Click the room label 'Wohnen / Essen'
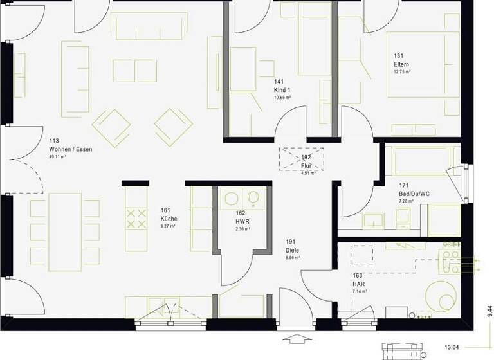point(71,149)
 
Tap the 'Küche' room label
point(169,218)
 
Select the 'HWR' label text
point(241,221)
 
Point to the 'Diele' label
point(293,250)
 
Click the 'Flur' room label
point(306,165)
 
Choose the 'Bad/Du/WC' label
point(414,194)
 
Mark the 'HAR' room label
point(358,283)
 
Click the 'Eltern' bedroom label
point(401,65)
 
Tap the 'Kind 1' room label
point(282,89)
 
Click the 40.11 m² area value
point(58,156)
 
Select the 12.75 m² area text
point(403,72)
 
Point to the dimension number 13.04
point(453,347)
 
